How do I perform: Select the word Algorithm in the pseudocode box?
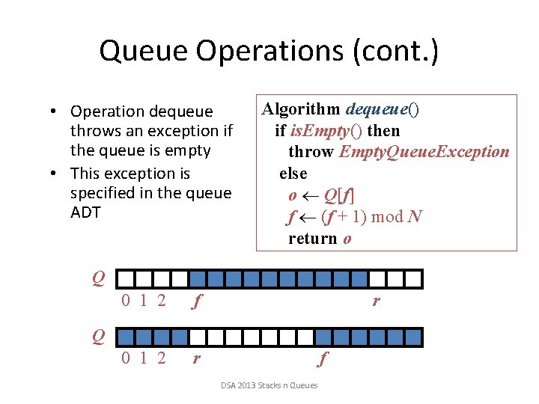click(296, 110)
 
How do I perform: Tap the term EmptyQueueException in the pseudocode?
click(424, 152)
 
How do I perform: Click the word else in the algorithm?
click(293, 174)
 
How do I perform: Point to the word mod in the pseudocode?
click(387, 217)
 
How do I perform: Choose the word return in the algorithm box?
click(312, 239)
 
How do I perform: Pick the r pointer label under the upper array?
click(376, 302)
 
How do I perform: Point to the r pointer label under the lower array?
click(196, 358)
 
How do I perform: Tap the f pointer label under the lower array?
click(321, 359)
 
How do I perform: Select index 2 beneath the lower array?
click(161, 358)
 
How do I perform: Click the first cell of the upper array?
click(126, 279)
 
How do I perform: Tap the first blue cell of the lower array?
click(126, 336)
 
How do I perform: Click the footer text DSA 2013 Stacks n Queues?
click(269, 385)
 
